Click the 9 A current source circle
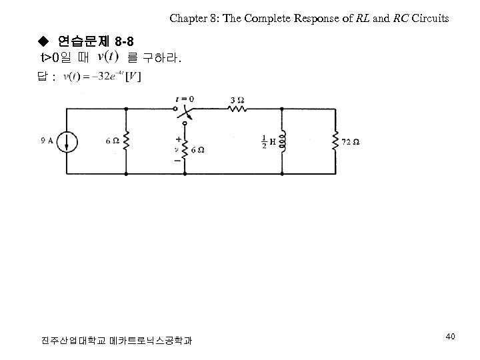(x=67, y=141)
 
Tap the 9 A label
(x=47, y=141)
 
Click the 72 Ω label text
(x=351, y=141)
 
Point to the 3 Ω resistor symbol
(x=237, y=110)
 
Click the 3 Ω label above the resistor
(x=237, y=99)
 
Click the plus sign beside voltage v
(x=179, y=140)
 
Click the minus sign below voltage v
(x=178, y=161)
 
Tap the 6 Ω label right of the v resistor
(x=197, y=151)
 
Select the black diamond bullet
(x=43, y=43)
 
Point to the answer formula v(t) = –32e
(x=100, y=77)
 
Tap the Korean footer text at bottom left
(x=116, y=341)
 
